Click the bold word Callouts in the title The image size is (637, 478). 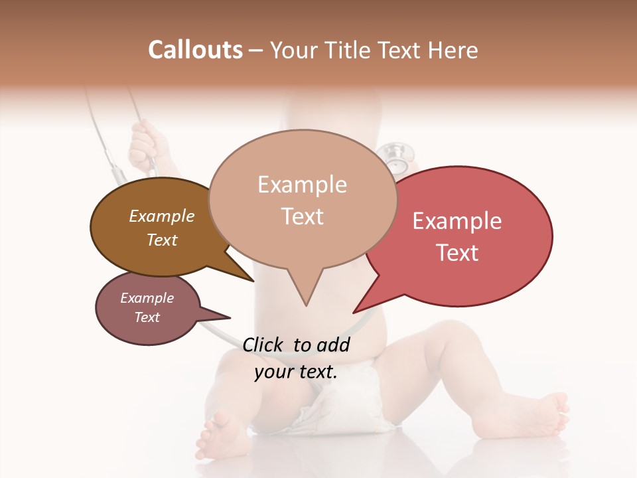pos(195,50)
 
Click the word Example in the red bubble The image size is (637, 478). pos(457,221)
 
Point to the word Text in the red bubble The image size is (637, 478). pos(457,253)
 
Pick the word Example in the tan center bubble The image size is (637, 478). pos(302,185)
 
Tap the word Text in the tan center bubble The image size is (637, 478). pos(302,216)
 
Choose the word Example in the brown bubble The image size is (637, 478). pos(161,216)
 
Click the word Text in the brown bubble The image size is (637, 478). pos(161,240)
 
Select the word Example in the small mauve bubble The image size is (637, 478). pos(147,298)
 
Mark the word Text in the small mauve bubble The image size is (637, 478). pos(147,317)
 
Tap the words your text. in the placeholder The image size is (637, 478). pos(296,372)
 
